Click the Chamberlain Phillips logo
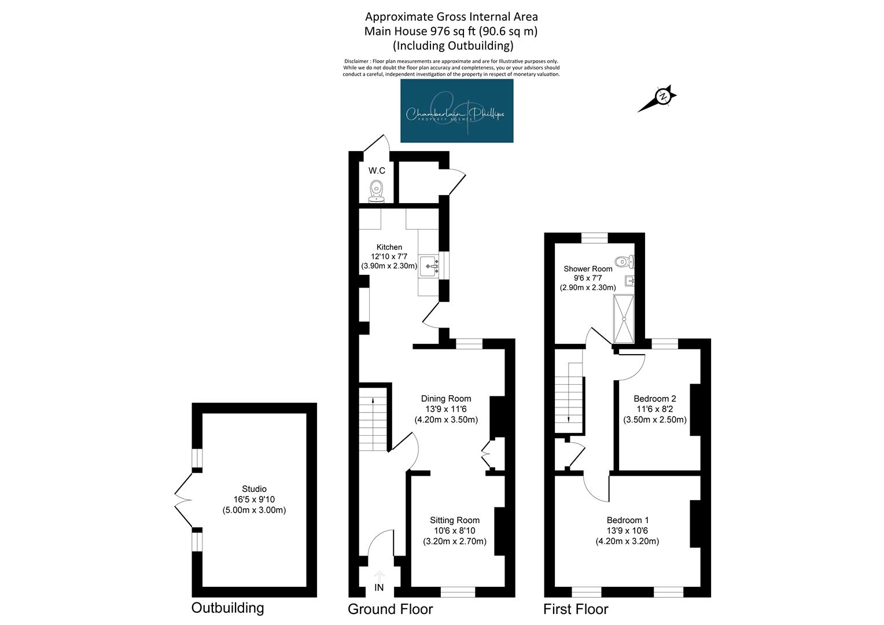coord(456,111)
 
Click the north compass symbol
coord(658,98)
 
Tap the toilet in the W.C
coord(377,192)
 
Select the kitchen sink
coord(429,266)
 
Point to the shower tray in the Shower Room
coord(624,319)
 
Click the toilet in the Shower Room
coord(624,262)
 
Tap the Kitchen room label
coord(389,247)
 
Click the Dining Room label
coord(446,398)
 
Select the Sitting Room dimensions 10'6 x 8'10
coord(455,531)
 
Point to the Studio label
coord(254,489)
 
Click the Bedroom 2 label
coord(655,398)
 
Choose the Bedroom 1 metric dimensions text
coord(627,541)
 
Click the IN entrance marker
coord(379,587)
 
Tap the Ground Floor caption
coord(391,609)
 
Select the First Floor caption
coord(576,609)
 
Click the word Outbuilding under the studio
coord(228,608)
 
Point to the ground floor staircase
coord(373,420)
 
